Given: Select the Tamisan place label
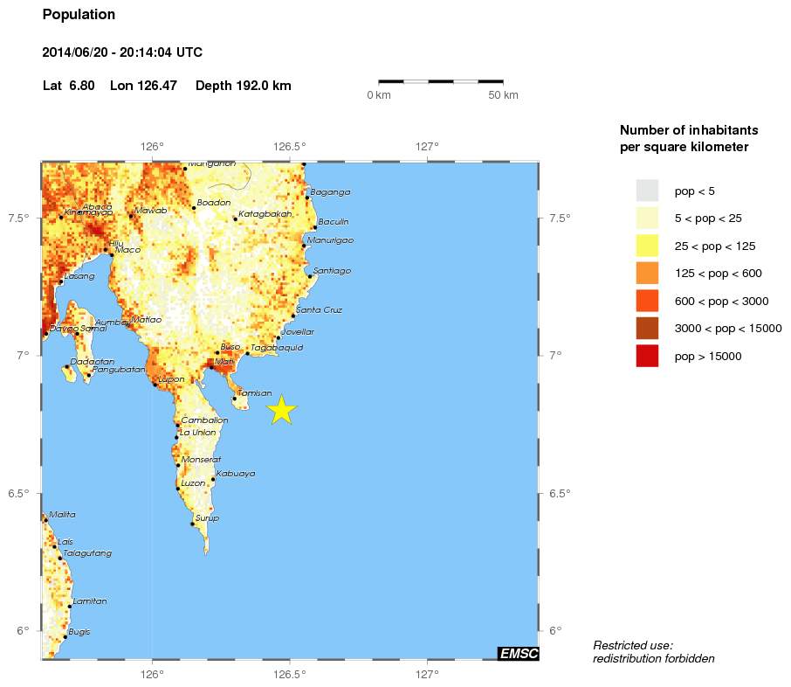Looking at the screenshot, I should [255, 393].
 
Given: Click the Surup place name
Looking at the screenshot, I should [208, 518].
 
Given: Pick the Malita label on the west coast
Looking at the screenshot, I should [62, 515].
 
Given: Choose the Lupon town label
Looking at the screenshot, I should [171, 379].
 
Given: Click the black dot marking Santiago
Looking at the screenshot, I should [310, 276].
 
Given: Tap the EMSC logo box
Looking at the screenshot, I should [518, 653].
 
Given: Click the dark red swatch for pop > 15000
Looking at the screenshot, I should [647, 356].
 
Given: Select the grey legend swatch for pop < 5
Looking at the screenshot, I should [647, 190].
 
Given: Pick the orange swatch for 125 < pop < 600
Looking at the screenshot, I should [647, 273].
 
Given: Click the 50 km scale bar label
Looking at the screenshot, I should [503, 94].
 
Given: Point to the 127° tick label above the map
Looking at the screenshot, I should [427, 146].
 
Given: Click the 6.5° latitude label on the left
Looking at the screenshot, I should [19, 493].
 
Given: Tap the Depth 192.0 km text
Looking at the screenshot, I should [244, 86].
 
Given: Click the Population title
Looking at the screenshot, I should [79, 15].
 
